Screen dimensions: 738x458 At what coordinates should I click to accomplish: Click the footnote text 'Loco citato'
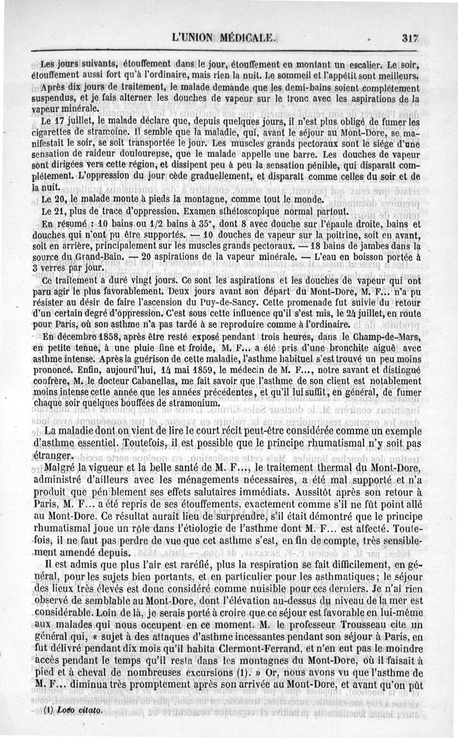[x=77, y=711]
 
